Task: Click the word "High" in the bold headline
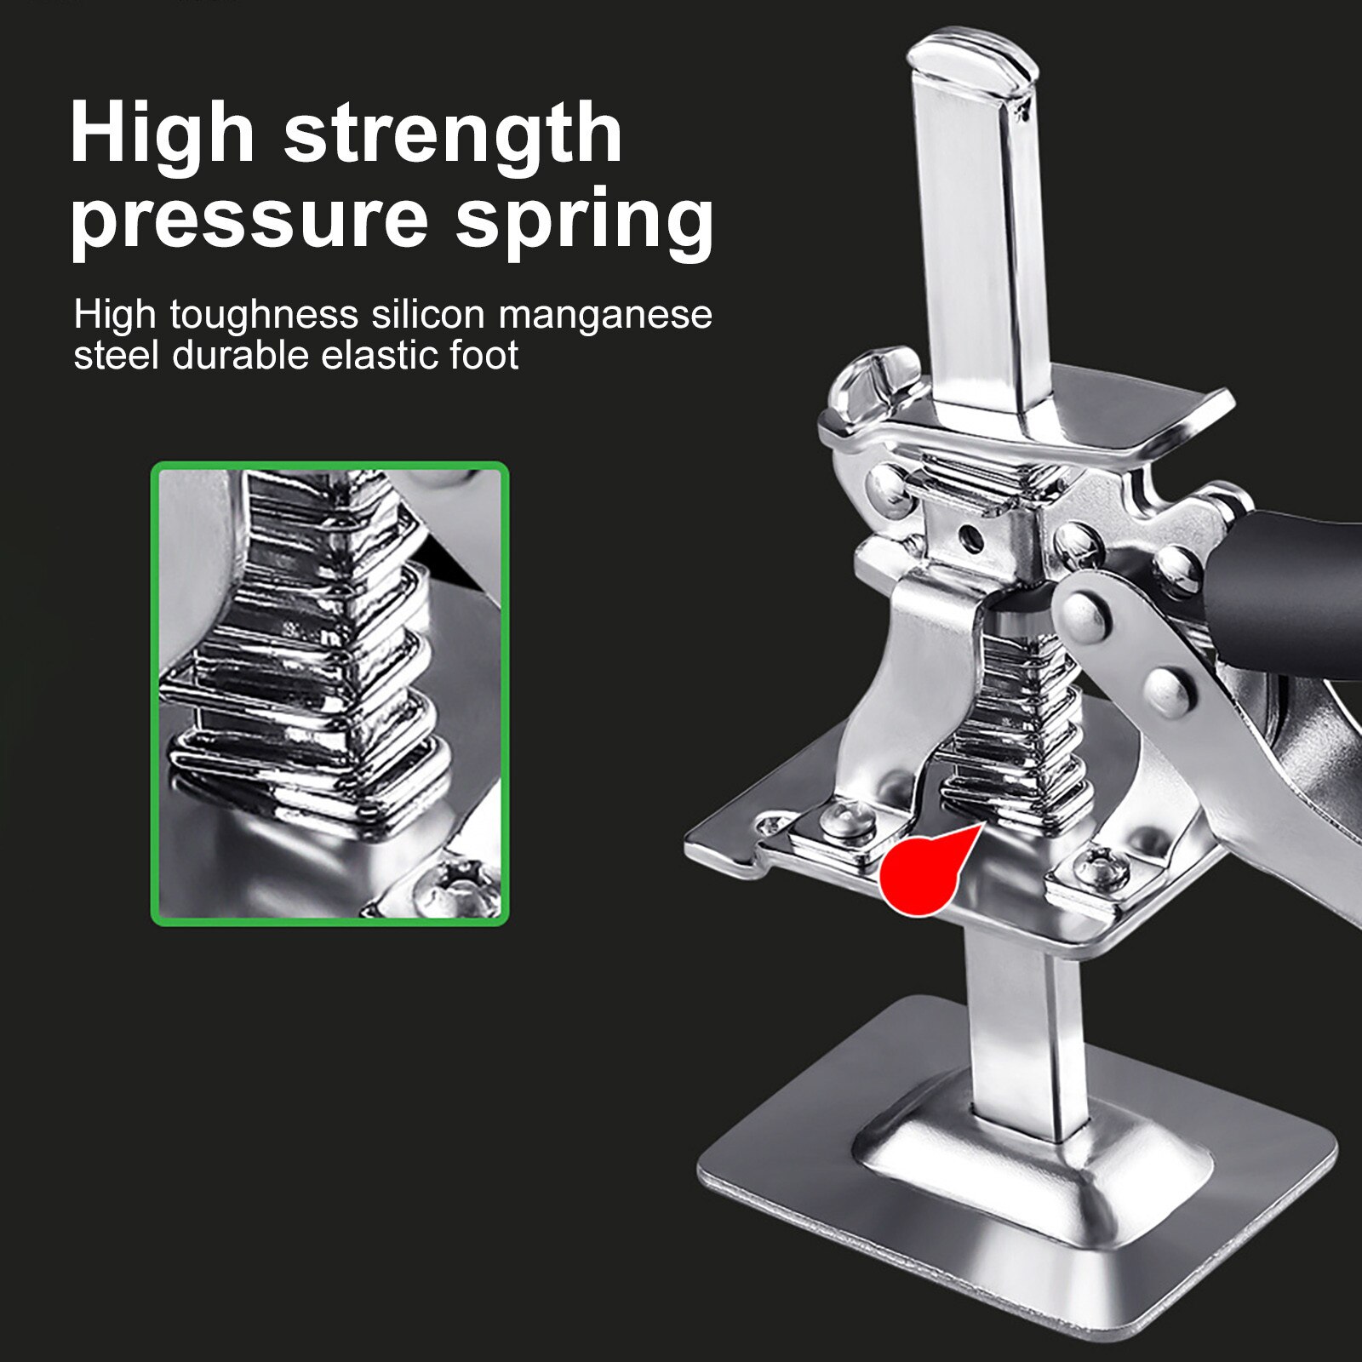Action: pos(163,134)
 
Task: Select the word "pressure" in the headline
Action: pos(249,220)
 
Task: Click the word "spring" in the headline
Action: pos(584,220)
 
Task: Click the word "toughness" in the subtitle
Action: pos(264,316)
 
